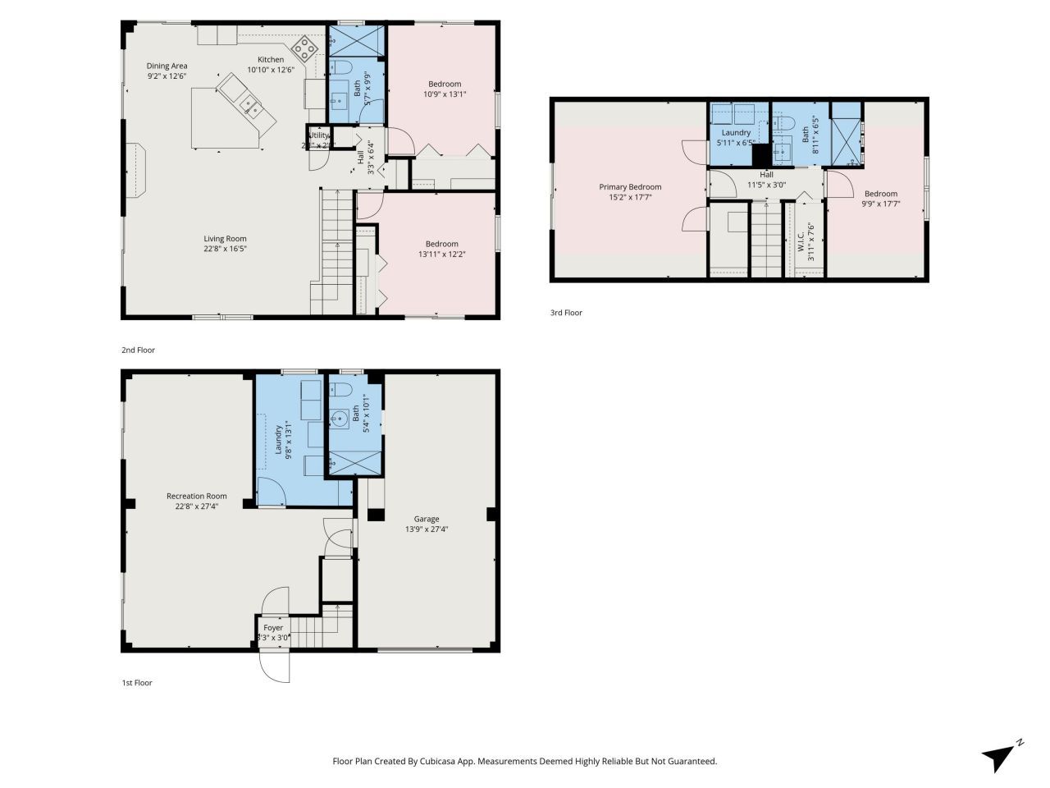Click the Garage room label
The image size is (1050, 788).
pyautogui.click(x=426, y=519)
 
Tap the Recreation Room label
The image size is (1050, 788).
pyautogui.click(x=196, y=496)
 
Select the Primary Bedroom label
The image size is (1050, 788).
pyautogui.click(x=630, y=187)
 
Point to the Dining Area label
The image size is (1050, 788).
pyautogui.click(x=167, y=66)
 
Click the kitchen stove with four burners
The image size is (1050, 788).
pyautogui.click(x=306, y=48)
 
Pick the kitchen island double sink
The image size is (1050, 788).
pyautogui.click(x=249, y=104)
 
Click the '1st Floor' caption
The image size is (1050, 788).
pyautogui.click(x=137, y=682)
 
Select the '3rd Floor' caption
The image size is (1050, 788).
pyautogui.click(x=566, y=313)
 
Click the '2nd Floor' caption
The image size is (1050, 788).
pyautogui.click(x=138, y=350)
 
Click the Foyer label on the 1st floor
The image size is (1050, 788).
pyautogui.click(x=273, y=628)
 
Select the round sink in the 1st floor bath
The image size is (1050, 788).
pyautogui.click(x=339, y=419)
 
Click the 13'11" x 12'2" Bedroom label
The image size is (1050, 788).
pyautogui.click(x=441, y=244)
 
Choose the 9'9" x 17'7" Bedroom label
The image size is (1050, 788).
pyautogui.click(x=881, y=194)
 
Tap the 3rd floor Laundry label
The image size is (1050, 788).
pyautogui.click(x=736, y=132)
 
